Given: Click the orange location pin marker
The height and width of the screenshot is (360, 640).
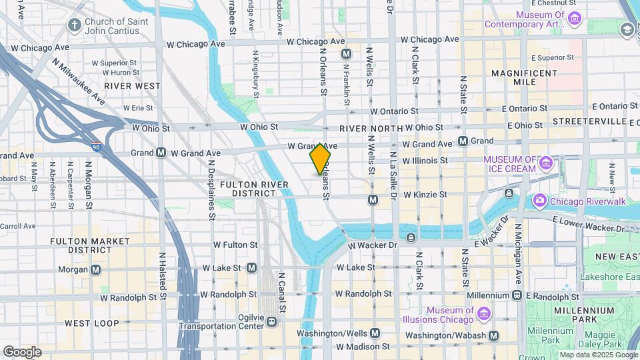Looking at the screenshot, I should (321, 159).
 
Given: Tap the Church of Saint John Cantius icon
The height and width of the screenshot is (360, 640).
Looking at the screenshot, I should (75, 25).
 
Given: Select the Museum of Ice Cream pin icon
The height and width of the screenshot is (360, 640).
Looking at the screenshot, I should (547, 163).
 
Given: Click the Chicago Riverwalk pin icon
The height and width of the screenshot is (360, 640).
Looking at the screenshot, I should (539, 200).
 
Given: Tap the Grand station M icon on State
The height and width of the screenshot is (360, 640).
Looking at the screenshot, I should (463, 141).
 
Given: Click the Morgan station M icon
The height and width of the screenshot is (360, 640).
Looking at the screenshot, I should (96, 269).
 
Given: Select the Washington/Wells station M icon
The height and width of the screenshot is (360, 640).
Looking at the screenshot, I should (375, 333).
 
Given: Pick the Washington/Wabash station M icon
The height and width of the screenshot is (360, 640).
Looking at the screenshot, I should (493, 335).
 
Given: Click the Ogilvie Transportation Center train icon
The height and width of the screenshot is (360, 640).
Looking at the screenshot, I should (271, 322).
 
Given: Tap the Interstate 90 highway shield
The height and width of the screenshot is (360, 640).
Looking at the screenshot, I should (96, 147).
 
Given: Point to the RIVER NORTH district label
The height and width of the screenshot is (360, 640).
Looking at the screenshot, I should (371, 129).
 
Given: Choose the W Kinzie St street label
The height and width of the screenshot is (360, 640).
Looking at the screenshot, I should (425, 195).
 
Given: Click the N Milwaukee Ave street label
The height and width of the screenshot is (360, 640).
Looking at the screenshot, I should (79, 81).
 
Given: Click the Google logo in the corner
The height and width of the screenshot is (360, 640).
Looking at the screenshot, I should (22, 351).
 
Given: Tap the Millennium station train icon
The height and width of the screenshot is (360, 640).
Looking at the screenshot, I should (517, 295).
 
